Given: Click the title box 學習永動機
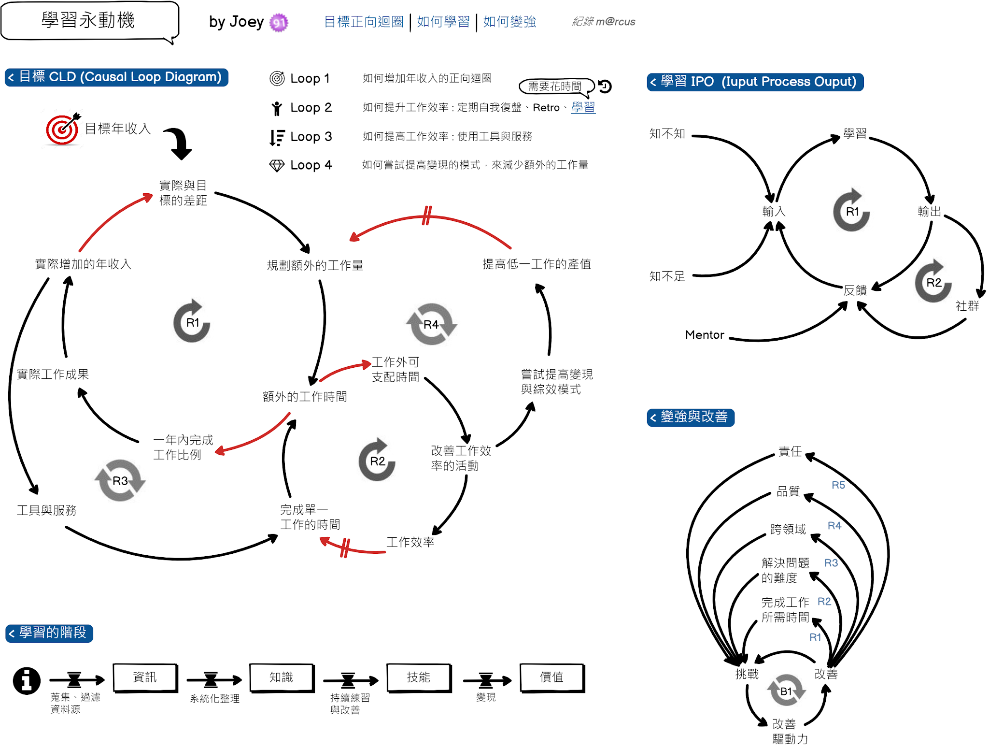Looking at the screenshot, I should tap(89, 21).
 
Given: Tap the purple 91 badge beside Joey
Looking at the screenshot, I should tap(279, 22).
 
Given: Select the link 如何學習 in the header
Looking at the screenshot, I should tap(443, 22).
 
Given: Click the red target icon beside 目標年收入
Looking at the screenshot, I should tap(62, 129).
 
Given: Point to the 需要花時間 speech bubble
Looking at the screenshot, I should tap(555, 86).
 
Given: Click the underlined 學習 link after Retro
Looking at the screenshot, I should tap(583, 107).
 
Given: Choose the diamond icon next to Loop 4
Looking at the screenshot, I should tap(277, 166).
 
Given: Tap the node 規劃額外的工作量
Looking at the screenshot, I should tap(315, 265).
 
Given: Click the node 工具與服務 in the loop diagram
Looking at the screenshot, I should tap(47, 510).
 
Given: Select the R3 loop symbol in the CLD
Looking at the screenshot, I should tap(120, 481).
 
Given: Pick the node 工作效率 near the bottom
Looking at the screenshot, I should tap(410, 542).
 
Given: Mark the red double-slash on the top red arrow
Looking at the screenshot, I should tap(426, 216).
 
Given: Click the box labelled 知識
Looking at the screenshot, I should tap(282, 677).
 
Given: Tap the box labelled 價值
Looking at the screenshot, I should tap(552, 677).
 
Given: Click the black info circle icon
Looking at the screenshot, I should tap(27, 681).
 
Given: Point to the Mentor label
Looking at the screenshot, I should tap(705, 335).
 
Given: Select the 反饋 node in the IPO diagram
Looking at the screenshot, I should tap(855, 290).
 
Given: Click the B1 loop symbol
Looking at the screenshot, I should tap(786, 691).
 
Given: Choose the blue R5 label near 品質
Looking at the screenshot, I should tap(838, 485).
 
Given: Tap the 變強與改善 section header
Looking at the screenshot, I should tap(691, 417).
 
